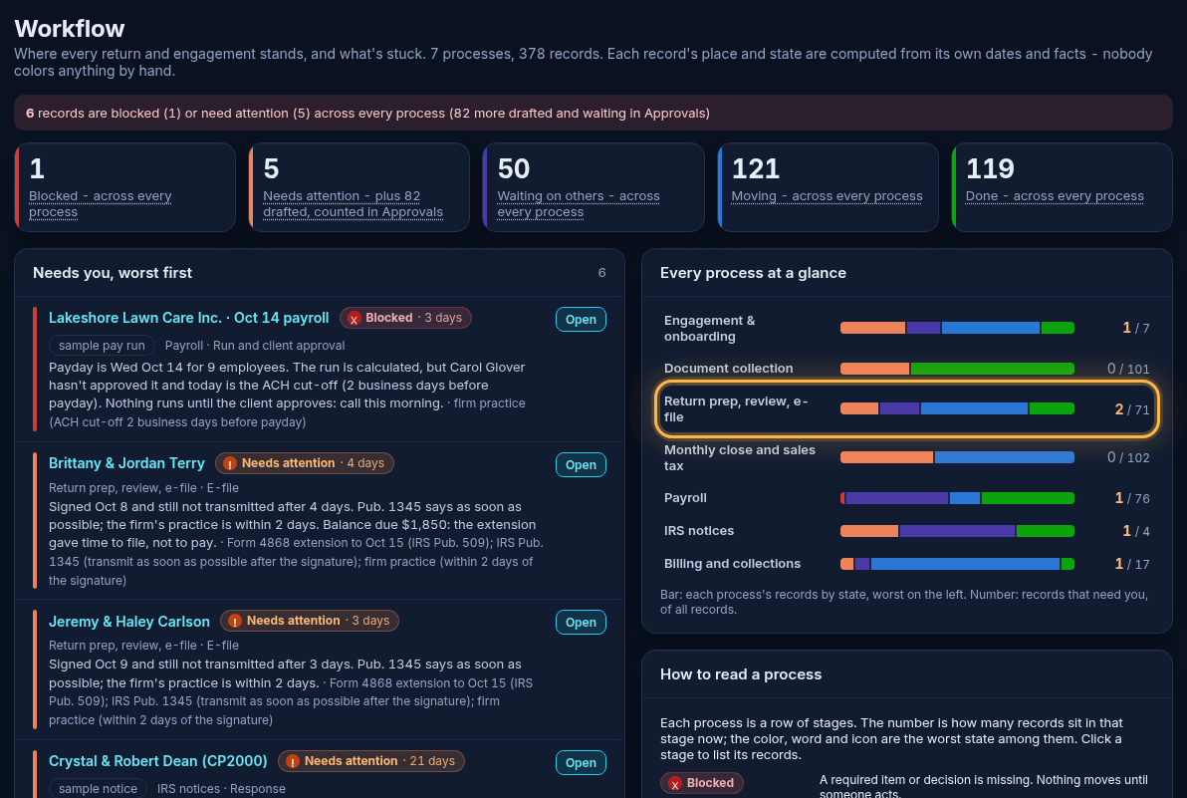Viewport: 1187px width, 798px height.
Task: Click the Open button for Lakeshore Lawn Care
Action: [x=581, y=320]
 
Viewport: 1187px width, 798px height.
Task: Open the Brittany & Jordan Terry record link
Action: [x=126, y=463]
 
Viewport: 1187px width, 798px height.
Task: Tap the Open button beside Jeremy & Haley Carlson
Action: [x=581, y=623]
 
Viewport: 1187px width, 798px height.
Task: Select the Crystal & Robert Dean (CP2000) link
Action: [x=158, y=761]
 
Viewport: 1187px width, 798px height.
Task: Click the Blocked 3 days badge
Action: [x=405, y=318]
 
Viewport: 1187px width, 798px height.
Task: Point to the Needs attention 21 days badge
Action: [x=370, y=761]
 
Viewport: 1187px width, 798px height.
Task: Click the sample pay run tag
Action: [x=102, y=346]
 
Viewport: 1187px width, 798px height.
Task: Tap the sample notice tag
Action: [x=98, y=788]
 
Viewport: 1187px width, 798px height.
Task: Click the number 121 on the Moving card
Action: [x=756, y=168]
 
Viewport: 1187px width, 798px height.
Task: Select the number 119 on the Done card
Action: [x=990, y=168]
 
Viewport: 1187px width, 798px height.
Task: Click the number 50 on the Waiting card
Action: [x=513, y=168]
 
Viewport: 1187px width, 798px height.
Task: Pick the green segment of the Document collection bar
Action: [x=993, y=369]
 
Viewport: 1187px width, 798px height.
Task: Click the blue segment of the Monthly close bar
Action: [x=1005, y=457]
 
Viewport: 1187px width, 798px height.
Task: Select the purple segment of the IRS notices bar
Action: [x=958, y=531]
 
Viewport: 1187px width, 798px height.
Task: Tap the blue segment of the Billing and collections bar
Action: [x=965, y=564]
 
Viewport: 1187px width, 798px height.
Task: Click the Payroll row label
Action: [x=685, y=498]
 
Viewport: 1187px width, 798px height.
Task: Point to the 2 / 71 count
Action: [x=1132, y=409]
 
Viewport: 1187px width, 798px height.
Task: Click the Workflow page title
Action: [x=70, y=29]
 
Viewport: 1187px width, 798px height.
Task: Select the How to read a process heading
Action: [x=740, y=674]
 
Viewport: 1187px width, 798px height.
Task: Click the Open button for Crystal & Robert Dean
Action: [x=581, y=762]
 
